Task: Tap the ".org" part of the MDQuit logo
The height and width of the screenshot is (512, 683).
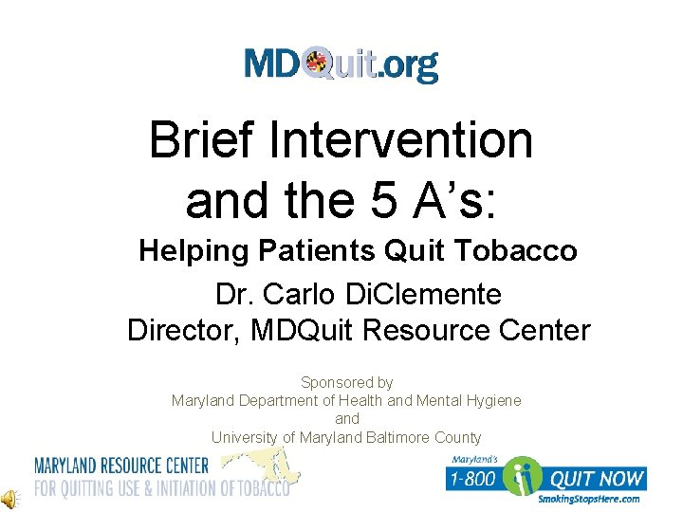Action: (x=409, y=65)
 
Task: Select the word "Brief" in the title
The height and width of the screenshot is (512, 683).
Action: (x=202, y=141)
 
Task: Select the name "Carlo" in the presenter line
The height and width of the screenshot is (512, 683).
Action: (x=305, y=294)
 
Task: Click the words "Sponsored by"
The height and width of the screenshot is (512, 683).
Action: (x=346, y=382)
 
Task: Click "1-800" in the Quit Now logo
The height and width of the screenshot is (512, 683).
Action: (x=474, y=479)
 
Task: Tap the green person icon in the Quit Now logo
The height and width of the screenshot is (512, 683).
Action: (x=523, y=477)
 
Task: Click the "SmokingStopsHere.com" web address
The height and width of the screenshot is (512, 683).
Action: (x=588, y=500)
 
